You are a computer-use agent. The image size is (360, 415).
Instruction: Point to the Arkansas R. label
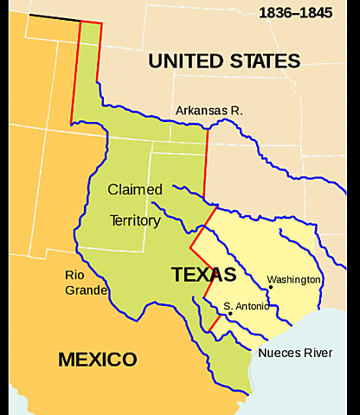click(x=209, y=111)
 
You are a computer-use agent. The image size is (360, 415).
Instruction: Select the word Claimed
click(x=134, y=188)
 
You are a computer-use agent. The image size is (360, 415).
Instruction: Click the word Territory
click(x=135, y=220)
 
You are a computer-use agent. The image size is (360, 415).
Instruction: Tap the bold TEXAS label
click(x=203, y=275)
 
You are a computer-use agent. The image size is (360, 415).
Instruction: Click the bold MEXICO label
click(x=97, y=359)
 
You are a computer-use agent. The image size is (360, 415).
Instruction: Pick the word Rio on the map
click(x=74, y=274)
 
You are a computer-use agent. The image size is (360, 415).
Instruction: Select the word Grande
click(x=86, y=290)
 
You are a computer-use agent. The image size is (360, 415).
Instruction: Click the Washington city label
click(x=293, y=280)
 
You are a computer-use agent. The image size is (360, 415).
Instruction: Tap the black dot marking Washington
click(x=271, y=288)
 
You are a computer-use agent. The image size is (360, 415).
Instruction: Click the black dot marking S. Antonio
click(x=230, y=314)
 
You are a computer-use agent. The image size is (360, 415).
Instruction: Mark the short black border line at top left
click(x=53, y=17)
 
